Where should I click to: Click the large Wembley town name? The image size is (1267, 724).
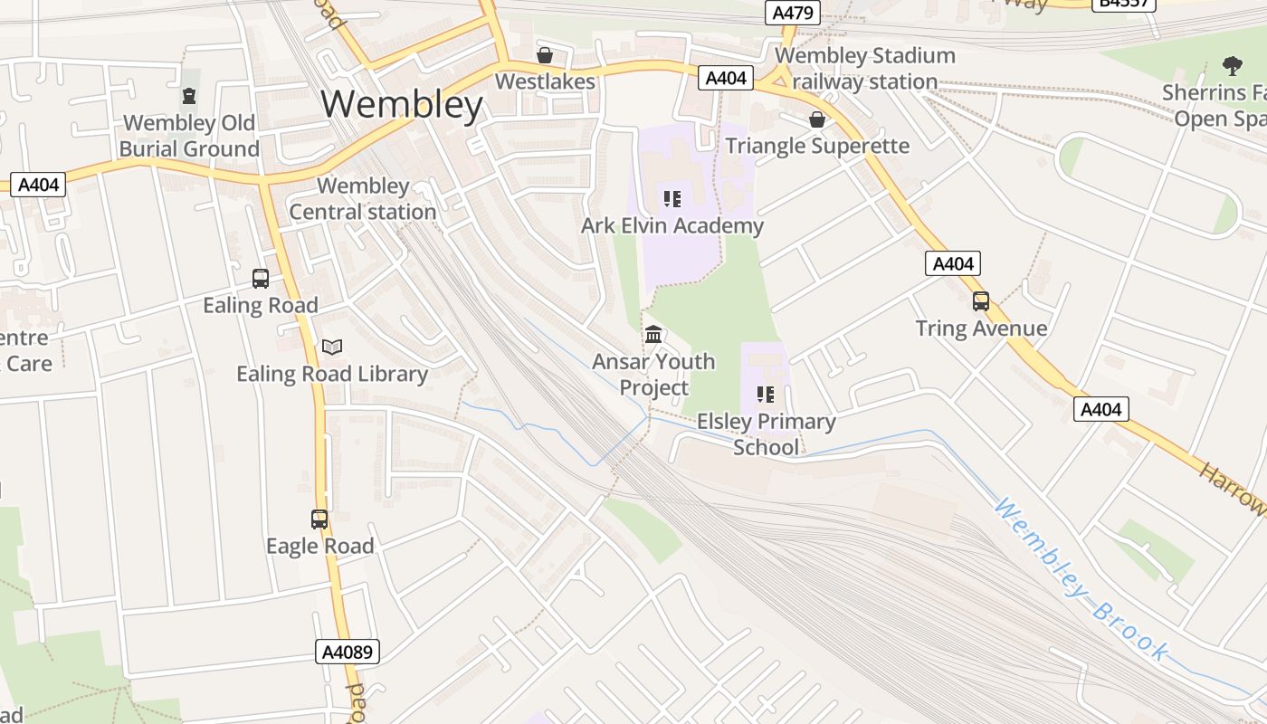402,105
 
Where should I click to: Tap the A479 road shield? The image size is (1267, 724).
792,13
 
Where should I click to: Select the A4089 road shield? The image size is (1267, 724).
348,652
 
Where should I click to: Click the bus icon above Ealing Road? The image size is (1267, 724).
261,279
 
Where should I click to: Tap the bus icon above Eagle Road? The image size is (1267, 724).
319,519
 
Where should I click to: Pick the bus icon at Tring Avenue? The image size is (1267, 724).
981,301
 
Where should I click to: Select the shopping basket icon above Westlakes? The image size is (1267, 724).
545,55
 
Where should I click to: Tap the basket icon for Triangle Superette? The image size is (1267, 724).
817,119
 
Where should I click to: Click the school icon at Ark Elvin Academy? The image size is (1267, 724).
672,199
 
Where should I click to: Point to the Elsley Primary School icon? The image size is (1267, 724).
766,395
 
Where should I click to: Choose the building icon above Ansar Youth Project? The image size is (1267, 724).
653,335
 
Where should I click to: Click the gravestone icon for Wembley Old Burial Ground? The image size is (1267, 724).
189,96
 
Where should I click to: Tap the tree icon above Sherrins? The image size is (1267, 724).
1232,65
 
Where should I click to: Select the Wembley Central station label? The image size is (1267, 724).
363,199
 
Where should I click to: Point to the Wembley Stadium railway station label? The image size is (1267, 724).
864,69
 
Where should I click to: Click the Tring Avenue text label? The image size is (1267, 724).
981,329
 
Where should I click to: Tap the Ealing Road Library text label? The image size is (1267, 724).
332,374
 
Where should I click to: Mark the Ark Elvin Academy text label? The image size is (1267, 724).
672,225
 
